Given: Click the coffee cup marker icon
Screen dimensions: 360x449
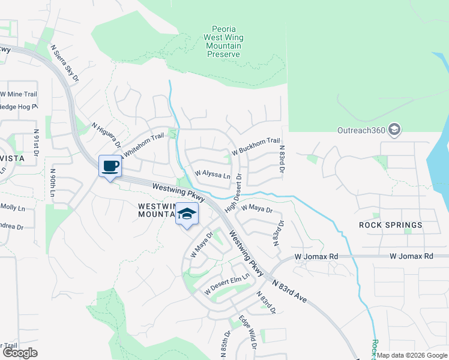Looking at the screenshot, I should (110, 166).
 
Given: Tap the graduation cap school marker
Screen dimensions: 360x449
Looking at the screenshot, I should (187, 214).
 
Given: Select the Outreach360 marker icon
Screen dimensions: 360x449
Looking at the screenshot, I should (394, 130).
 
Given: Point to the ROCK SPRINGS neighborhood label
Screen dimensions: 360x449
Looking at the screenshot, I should (391, 225).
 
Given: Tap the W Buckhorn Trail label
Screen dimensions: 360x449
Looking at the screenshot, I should (256, 146).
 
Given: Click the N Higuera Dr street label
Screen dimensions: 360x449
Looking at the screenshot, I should (106, 136).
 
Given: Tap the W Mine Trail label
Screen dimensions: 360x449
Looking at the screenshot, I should (19, 94).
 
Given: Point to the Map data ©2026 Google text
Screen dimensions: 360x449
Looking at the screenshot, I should (412, 355).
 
